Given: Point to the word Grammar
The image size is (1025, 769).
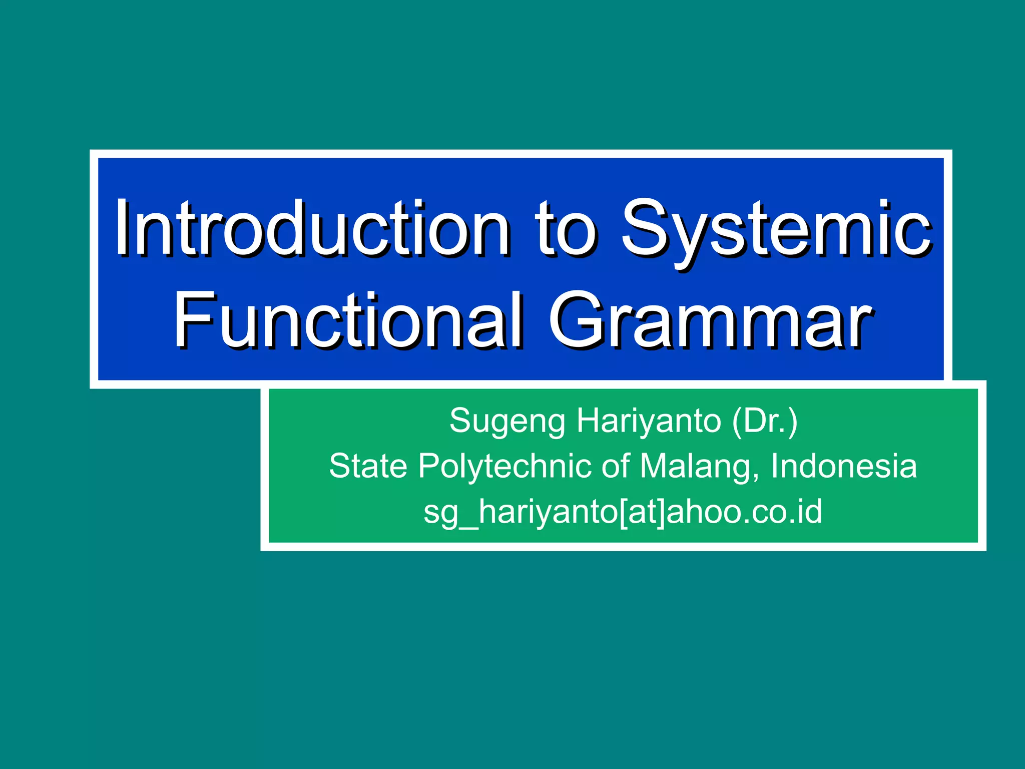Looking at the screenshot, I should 711,320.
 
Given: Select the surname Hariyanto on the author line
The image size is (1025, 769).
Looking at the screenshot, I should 649,421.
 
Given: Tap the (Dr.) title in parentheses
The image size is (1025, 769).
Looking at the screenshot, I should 765,421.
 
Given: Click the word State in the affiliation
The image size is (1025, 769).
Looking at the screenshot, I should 368,466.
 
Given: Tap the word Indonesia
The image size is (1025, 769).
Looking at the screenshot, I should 843,466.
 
